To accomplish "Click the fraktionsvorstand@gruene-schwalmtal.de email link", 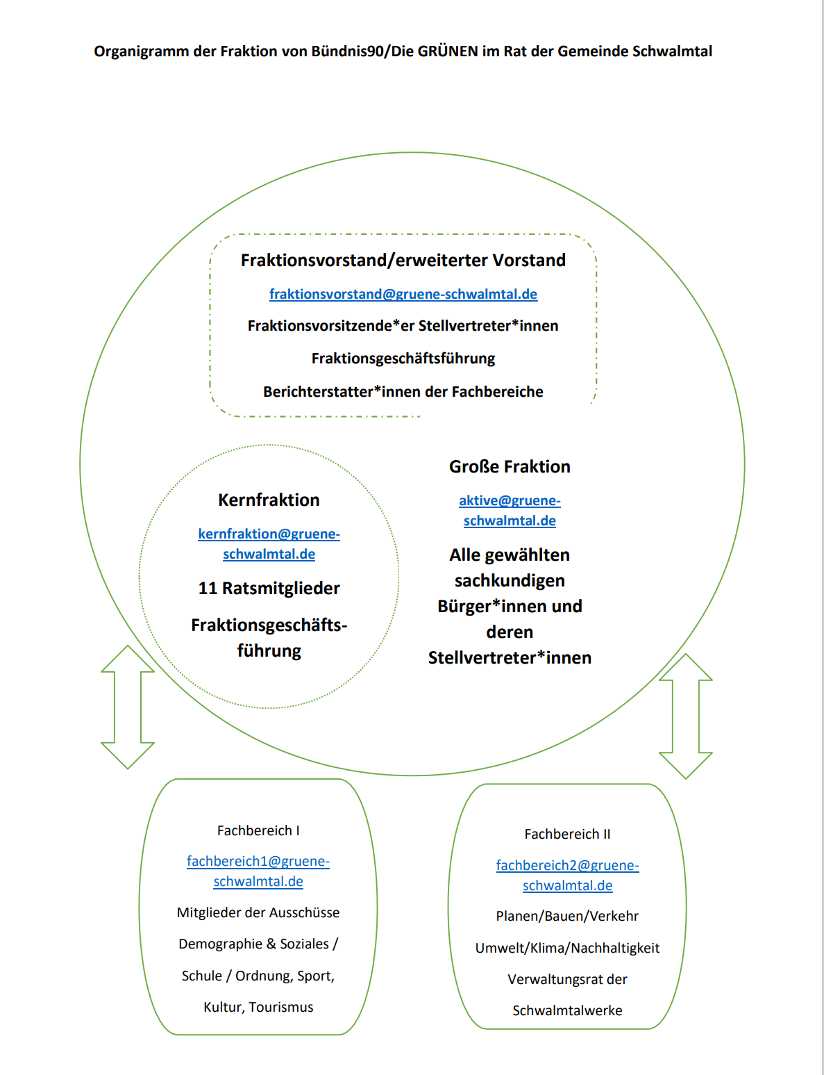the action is [403, 294].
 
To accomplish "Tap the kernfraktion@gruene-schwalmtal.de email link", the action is [269, 543].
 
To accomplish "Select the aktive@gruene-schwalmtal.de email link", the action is [510, 510].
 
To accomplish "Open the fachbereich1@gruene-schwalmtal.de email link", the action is [258, 871].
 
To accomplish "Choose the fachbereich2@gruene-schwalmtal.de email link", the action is [567, 875].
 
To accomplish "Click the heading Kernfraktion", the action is [269, 500].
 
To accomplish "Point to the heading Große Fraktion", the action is [510, 466].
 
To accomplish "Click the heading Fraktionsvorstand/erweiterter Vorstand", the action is [403, 260].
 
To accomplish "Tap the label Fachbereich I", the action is [258, 830].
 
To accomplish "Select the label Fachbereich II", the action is [567, 834].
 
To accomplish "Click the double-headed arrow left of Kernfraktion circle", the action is [128, 707].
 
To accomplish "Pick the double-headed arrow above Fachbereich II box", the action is [686, 716].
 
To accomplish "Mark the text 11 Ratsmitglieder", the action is [269, 588].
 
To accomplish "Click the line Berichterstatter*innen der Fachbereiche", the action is [403, 391].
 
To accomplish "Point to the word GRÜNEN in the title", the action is [448, 51].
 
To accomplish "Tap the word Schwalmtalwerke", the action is [567, 1010].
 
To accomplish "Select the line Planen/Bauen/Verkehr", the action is [567, 916].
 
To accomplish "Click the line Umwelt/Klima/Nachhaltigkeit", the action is [567, 947].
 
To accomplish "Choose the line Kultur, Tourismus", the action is [258, 1007].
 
